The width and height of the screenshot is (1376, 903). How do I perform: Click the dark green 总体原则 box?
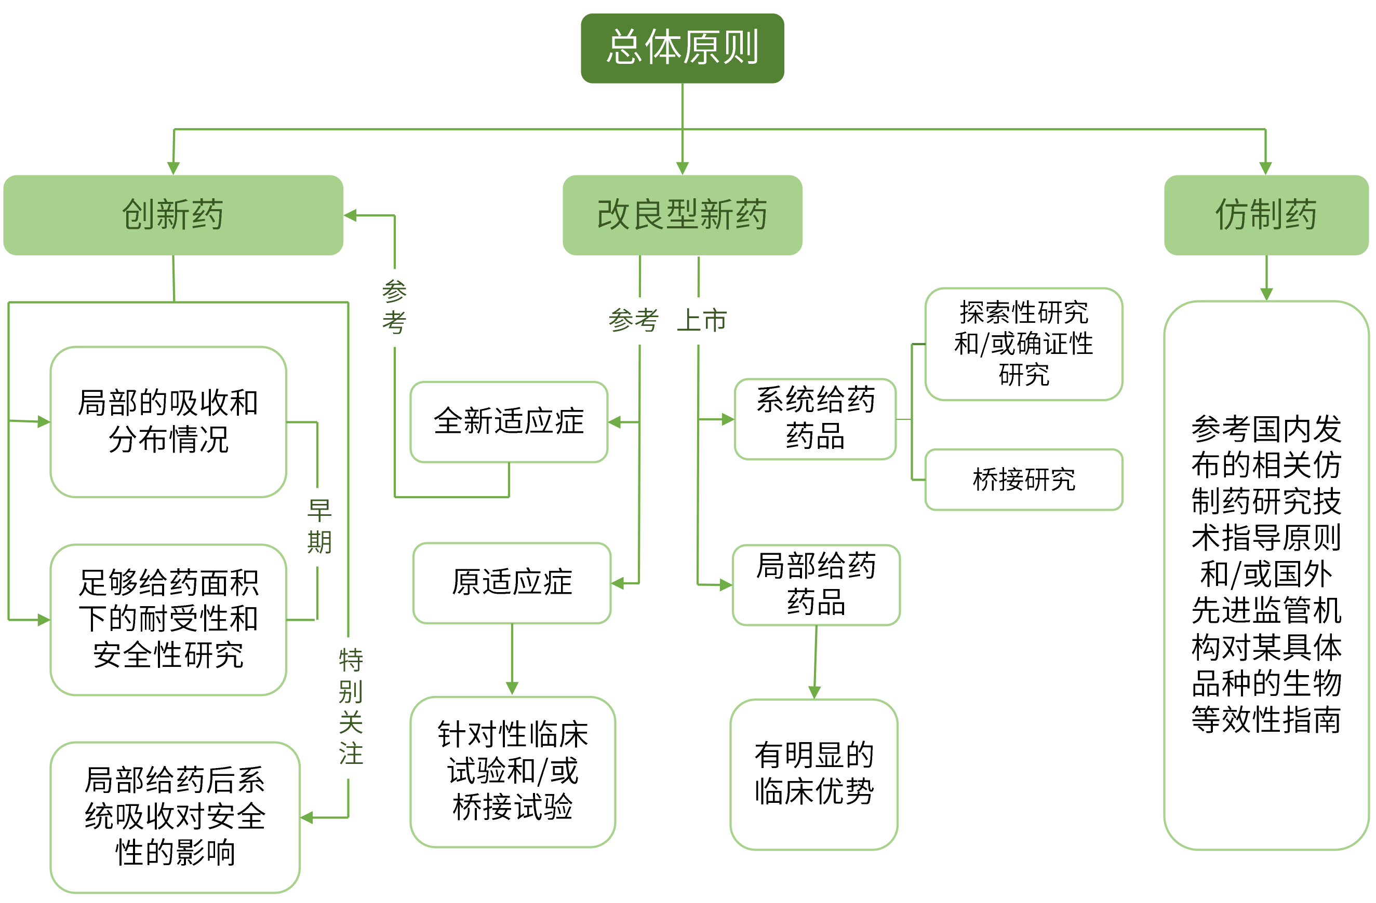click(x=682, y=48)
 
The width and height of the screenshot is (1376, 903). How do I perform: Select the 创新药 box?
click(x=173, y=215)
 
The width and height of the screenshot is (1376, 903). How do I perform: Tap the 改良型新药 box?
click(x=682, y=215)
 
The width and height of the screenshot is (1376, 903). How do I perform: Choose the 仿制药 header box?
click(x=1266, y=215)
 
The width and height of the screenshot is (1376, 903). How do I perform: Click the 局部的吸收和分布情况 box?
click(x=168, y=422)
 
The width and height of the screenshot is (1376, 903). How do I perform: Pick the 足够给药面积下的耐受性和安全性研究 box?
click(x=168, y=619)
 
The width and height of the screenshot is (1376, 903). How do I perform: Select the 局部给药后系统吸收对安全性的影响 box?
click(x=175, y=817)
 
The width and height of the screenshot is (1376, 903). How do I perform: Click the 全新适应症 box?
click(x=509, y=422)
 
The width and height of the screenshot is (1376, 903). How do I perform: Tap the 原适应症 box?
click(x=512, y=583)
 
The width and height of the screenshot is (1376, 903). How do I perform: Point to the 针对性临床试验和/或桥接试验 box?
click(x=512, y=772)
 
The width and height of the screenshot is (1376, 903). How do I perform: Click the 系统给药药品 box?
click(x=815, y=419)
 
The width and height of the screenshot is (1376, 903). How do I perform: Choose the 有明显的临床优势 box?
click(x=814, y=774)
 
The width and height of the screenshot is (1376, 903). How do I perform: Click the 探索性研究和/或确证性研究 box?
click(x=1023, y=344)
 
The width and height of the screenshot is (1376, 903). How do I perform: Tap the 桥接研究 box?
click(x=1023, y=480)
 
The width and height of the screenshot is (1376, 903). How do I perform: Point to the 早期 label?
click(x=319, y=527)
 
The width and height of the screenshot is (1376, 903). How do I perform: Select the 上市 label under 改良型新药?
click(x=701, y=321)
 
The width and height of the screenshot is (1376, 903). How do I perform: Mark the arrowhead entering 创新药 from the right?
click(x=350, y=215)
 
